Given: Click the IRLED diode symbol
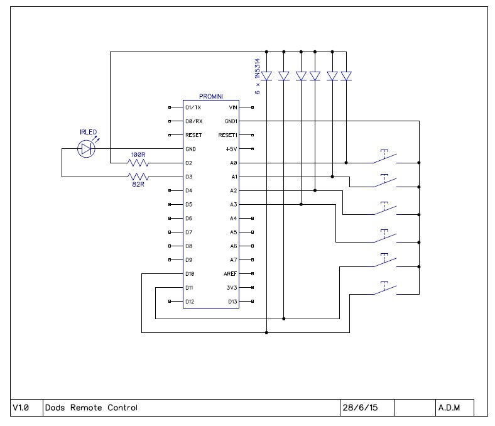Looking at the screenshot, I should (x=85, y=149).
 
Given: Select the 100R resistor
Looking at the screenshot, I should (x=137, y=163).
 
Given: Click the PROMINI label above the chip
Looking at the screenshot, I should (x=210, y=96).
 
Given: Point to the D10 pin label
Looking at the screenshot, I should (x=191, y=274).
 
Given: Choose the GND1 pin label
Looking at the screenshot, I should (x=231, y=121).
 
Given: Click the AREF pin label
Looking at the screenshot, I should (x=231, y=274).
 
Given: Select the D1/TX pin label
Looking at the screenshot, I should (x=193, y=107).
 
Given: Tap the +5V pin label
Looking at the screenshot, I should (x=232, y=149).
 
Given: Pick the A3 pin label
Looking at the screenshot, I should (x=233, y=204).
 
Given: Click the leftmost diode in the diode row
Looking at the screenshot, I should (x=266, y=76).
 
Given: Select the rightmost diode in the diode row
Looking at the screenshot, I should (x=346, y=76).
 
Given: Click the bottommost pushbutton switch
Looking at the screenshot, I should (x=384, y=289).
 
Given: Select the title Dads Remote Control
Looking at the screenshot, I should (x=91, y=408).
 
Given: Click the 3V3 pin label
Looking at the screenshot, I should (x=232, y=288).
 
